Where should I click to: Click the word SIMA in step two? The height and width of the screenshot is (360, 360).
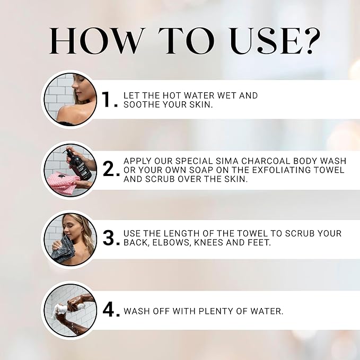click(x=221, y=161)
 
